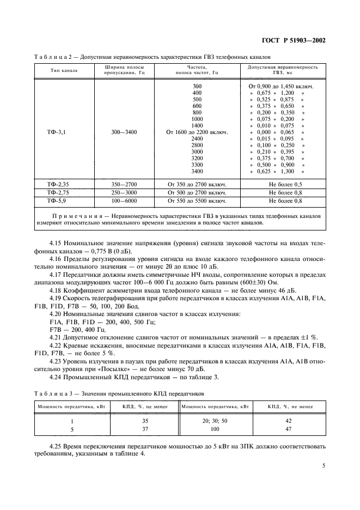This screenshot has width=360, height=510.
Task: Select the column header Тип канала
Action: (64, 70)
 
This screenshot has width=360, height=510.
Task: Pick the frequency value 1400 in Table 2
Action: (197, 125)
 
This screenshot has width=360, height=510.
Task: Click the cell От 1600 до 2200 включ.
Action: (197, 132)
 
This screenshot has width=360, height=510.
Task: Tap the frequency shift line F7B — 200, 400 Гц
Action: (77, 331)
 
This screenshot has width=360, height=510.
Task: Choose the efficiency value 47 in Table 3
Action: (289, 429)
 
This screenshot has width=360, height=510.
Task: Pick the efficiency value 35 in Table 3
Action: (145, 421)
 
